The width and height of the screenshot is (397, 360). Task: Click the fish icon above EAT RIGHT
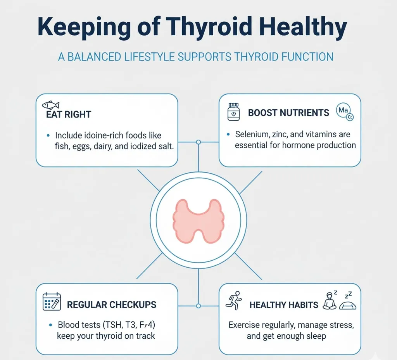(x=51, y=105)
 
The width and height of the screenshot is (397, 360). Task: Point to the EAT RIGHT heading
(x=69, y=114)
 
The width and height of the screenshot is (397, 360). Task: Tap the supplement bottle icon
(x=233, y=112)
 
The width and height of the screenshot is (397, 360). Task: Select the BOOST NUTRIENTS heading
(x=288, y=113)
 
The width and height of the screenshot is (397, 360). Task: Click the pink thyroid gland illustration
(x=198, y=220)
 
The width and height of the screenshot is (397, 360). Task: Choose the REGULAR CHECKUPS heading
(x=112, y=305)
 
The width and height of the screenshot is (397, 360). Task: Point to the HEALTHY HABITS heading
(x=284, y=305)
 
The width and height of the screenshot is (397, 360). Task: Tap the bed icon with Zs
(x=348, y=303)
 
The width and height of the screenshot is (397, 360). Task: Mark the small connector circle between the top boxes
(x=198, y=142)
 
